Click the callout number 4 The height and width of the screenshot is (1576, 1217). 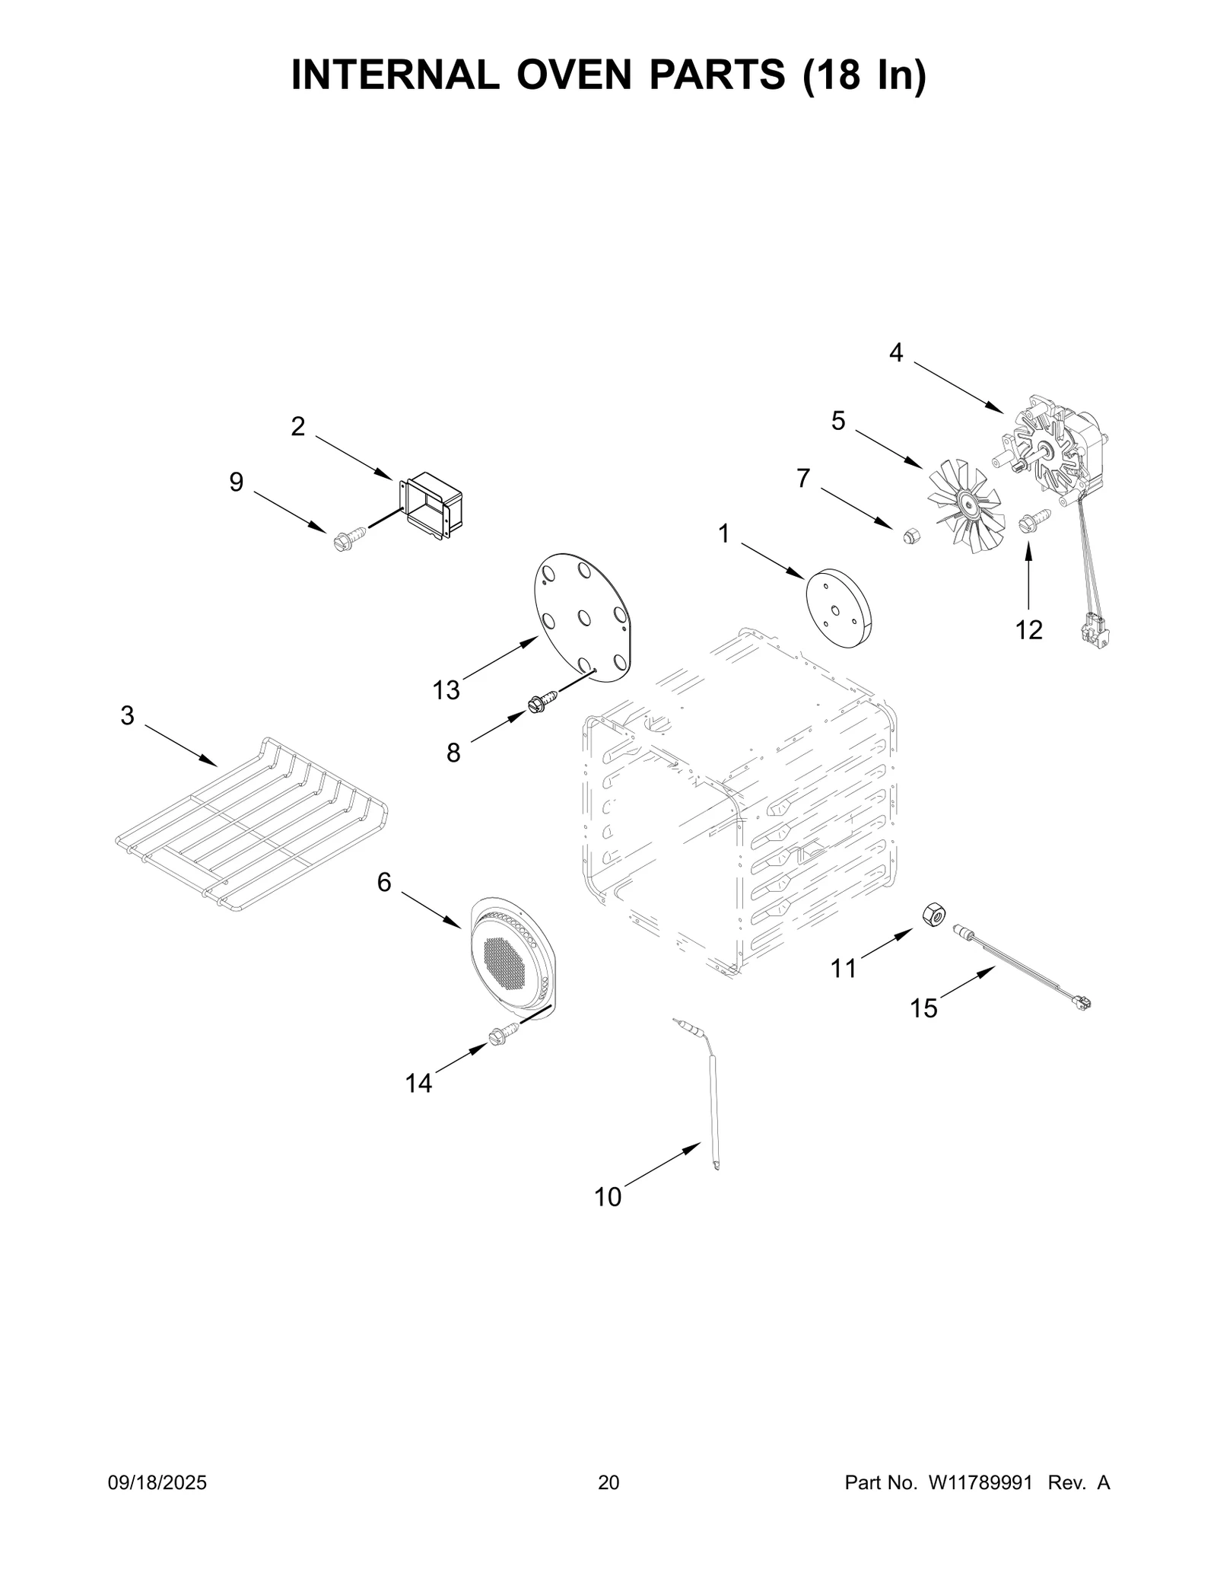tap(896, 353)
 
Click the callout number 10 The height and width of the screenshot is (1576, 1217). tap(607, 1197)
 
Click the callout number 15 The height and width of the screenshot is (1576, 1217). tap(923, 1008)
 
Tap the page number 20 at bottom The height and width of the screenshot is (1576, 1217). tap(608, 1482)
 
